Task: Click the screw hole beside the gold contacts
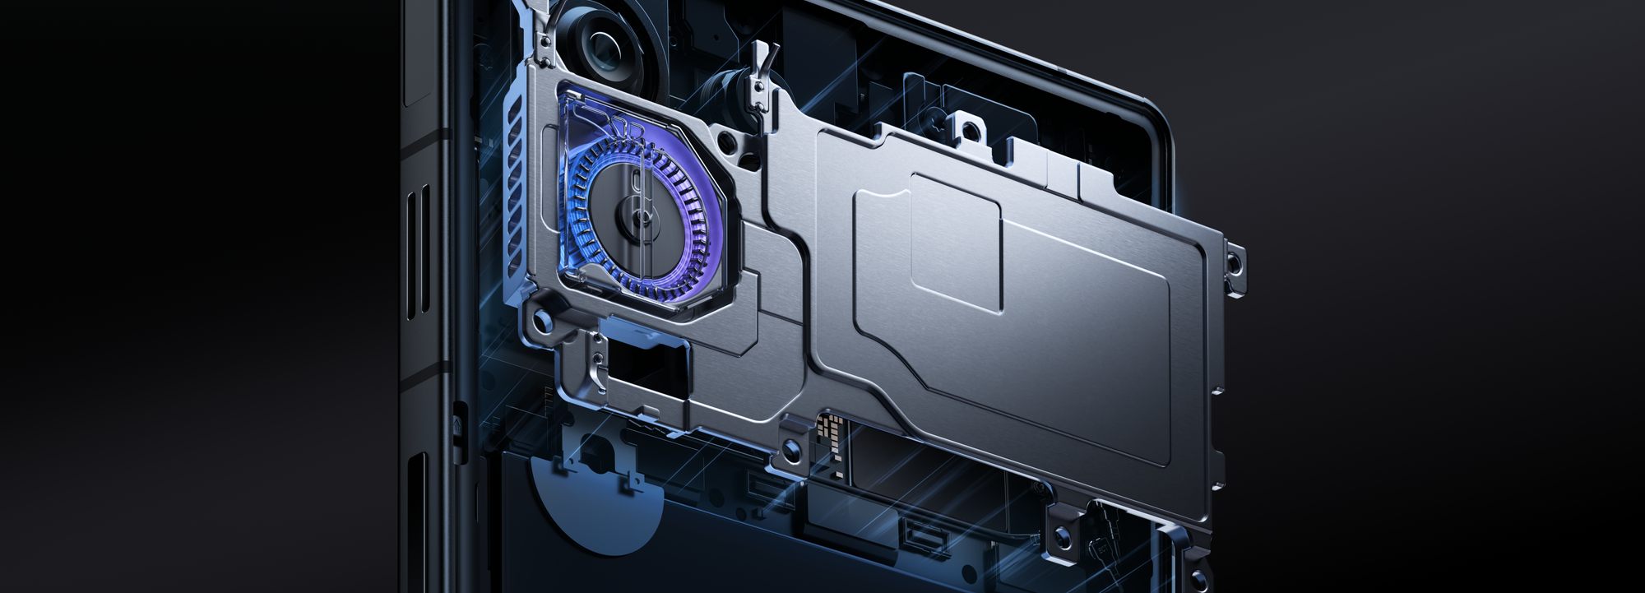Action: [x=790, y=449]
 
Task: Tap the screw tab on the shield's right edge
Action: [x=1235, y=263]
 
